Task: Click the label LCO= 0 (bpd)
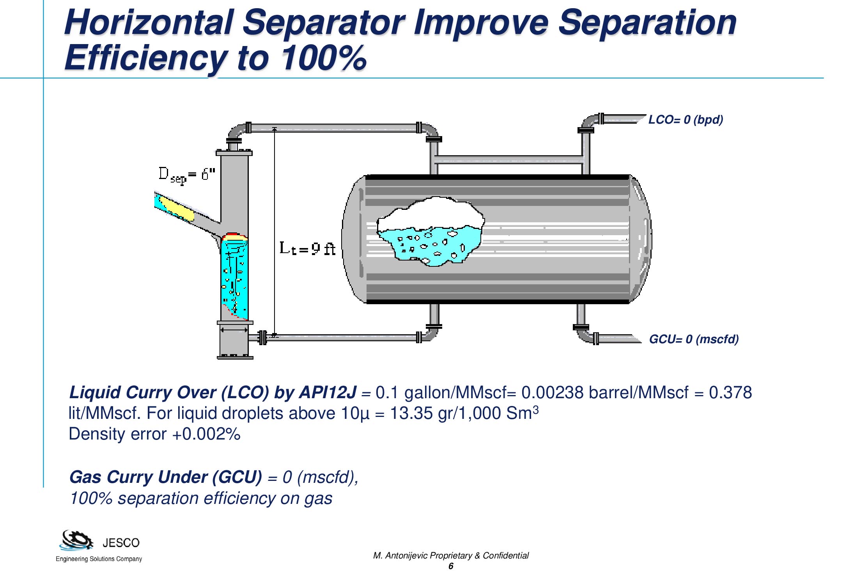coord(686,119)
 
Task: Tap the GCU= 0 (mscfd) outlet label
coord(694,339)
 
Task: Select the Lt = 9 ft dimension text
coord(307,248)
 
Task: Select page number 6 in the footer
coord(451,566)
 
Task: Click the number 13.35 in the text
coord(411,413)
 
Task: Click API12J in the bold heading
coord(328,392)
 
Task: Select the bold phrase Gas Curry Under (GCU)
coord(166,477)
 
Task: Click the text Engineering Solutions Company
coord(99,559)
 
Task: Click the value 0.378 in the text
coord(730,392)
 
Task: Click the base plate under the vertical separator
coord(235,357)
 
